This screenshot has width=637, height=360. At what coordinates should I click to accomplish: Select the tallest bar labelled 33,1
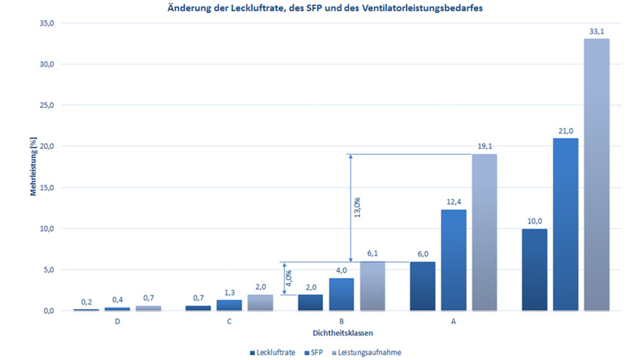(596, 175)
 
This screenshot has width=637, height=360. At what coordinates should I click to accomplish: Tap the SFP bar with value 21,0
(565, 224)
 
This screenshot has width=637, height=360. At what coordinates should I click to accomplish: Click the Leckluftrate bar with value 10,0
(535, 269)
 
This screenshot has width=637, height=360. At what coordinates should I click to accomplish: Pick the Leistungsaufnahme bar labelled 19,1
(484, 232)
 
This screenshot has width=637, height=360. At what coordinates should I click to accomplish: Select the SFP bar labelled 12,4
(453, 260)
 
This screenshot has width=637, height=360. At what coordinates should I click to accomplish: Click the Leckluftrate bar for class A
(422, 286)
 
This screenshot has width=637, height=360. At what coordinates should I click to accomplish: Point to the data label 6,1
(371, 253)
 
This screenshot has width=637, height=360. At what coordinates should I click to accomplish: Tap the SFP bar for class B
(340, 294)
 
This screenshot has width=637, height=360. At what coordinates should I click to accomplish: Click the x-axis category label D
(118, 320)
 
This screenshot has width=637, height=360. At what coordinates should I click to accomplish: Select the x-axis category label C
(229, 320)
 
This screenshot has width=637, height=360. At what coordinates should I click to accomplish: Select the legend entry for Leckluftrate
(275, 352)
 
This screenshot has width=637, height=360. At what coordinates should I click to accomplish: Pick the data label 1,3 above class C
(229, 293)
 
